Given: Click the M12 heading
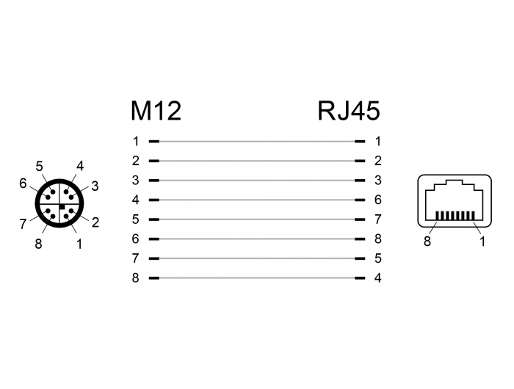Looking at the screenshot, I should (x=156, y=111).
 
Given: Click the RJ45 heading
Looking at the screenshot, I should (x=349, y=111).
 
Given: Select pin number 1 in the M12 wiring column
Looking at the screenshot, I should (x=136, y=141).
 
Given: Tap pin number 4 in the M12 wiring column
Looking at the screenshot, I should (x=136, y=200).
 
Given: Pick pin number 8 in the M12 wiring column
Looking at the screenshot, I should (x=136, y=278).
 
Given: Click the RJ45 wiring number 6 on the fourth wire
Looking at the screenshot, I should (x=377, y=200).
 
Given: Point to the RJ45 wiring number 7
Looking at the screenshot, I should (x=377, y=219).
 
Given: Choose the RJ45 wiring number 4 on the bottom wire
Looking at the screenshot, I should (x=377, y=278).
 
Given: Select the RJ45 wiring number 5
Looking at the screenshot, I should (x=377, y=258).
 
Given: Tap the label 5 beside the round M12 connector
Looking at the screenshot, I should (x=39, y=166).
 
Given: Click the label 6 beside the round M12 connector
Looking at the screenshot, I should (x=23, y=183).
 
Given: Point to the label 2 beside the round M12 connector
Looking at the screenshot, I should (x=95, y=222).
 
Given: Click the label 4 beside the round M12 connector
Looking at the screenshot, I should (x=80, y=166).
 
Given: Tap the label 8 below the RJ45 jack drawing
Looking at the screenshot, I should (x=427, y=242).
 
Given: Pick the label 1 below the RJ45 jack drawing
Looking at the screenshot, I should (x=482, y=242).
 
